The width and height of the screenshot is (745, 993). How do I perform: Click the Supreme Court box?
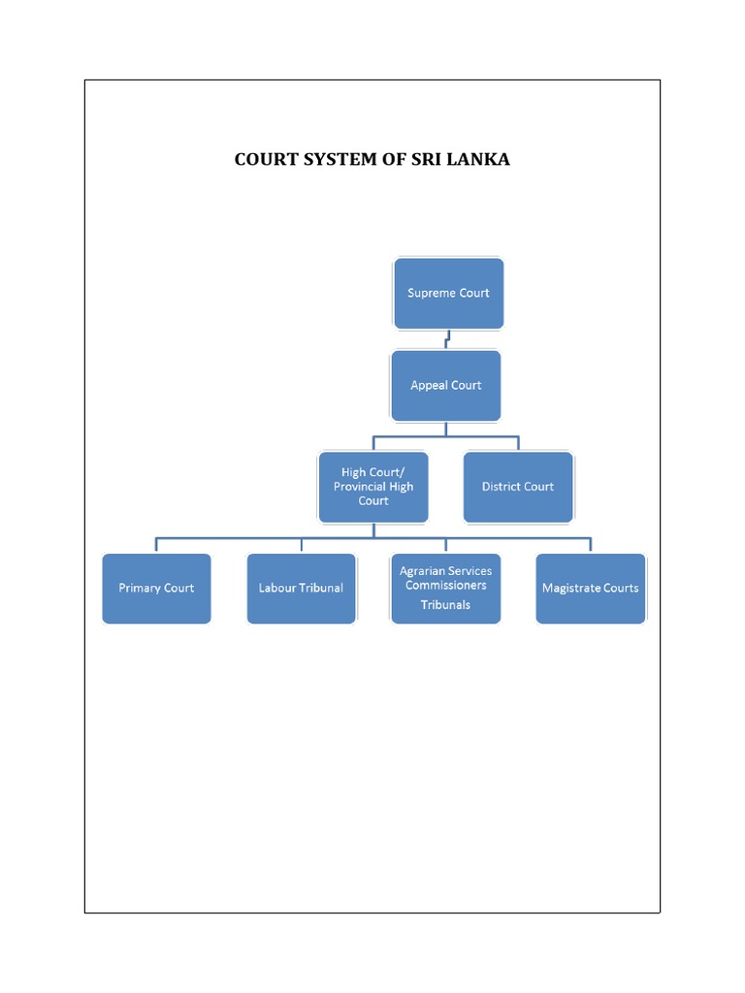[448, 293]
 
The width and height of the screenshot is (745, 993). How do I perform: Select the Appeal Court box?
[445, 385]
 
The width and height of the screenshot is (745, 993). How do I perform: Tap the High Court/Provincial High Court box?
[373, 487]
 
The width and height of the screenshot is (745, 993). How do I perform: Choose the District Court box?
[518, 487]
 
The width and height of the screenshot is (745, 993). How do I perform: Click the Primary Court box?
[156, 589]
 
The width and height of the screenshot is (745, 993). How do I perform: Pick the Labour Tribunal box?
[301, 589]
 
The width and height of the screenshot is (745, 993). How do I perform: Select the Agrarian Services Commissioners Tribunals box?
[445, 589]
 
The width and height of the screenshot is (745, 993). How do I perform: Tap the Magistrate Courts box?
[590, 589]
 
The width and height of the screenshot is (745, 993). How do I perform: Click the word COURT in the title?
[264, 159]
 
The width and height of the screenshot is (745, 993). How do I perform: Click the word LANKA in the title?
[480, 159]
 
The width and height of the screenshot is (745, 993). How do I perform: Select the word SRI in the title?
[428, 159]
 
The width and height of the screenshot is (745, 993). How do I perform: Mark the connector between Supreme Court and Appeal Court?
[447, 339]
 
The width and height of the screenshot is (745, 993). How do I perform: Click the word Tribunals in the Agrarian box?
[445, 605]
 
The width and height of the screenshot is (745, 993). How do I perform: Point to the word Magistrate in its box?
[572, 589]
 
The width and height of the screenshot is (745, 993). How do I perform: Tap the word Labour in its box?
[277, 589]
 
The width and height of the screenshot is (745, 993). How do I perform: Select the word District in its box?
[502, 487]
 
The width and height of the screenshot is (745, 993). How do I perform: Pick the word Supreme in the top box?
[431, 293]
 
